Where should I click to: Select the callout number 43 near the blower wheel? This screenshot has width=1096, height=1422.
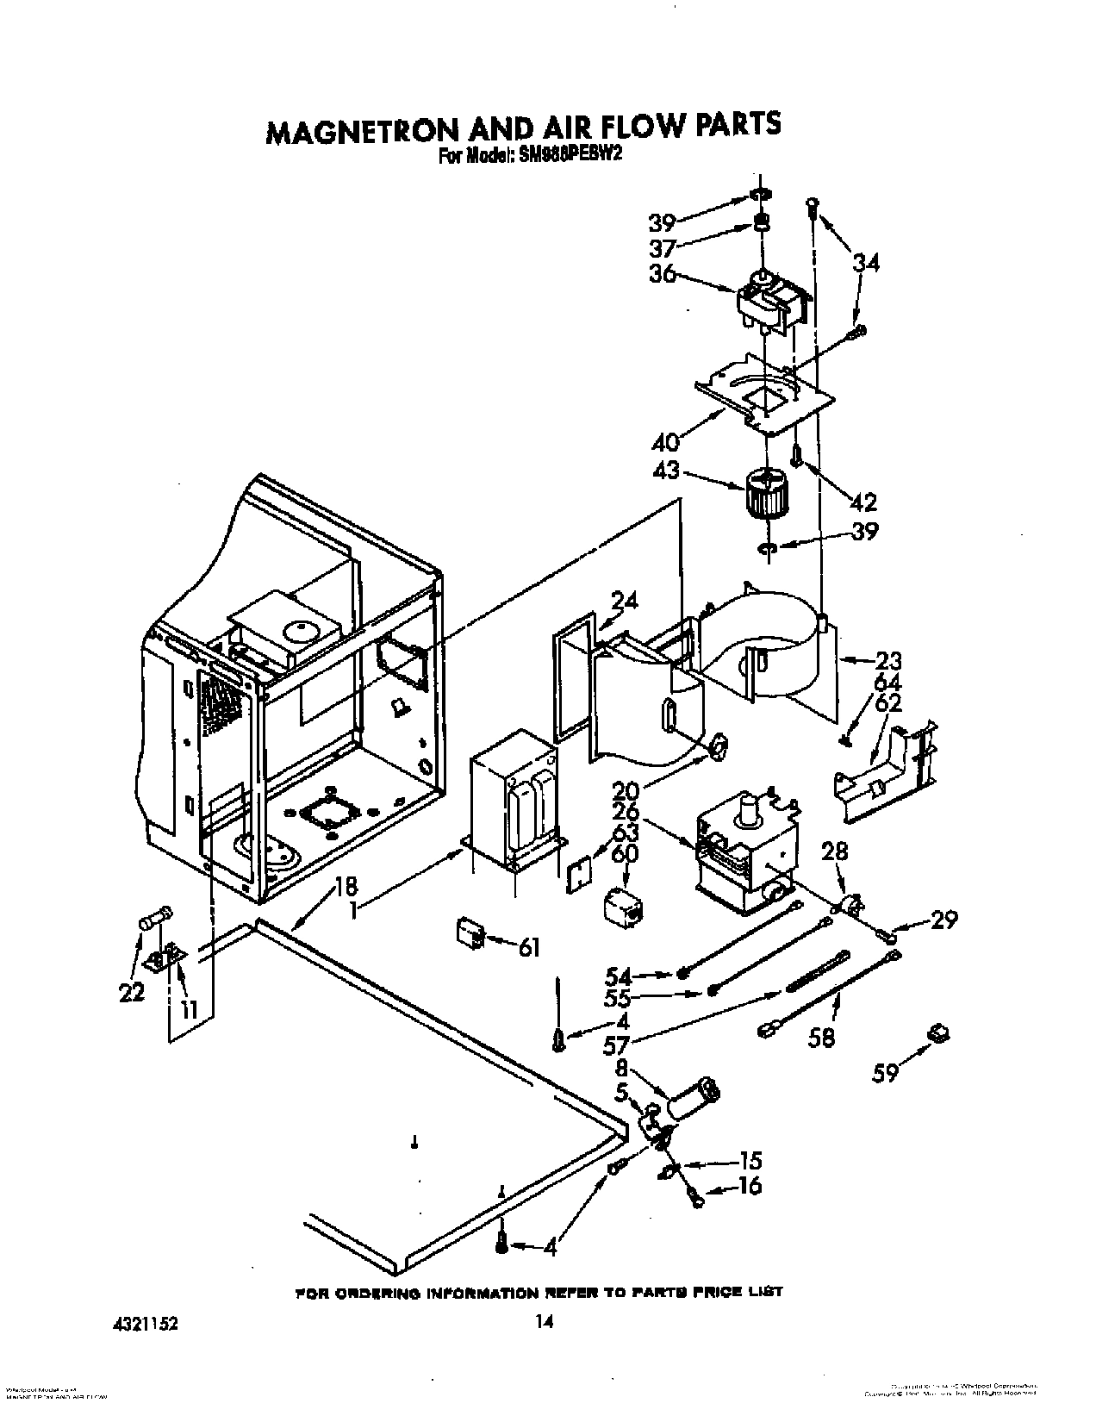pyautogui.click(x=667, y=472)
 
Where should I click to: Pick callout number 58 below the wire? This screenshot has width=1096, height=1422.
pyautogui.click(x=823, y=1038)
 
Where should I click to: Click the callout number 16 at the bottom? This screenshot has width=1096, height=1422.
pyautogui.click(x=749, y=1186)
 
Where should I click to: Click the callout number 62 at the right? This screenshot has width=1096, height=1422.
pyautogui.click(x=887, y=702)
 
